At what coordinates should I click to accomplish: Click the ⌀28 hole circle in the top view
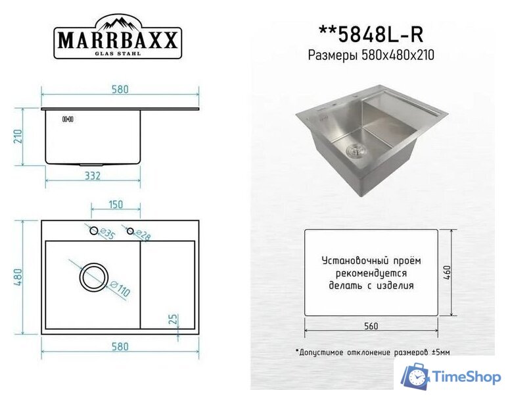131,230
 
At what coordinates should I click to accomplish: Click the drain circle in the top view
93,277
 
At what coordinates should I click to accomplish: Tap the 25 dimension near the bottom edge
173,320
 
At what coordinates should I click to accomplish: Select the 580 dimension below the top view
119,346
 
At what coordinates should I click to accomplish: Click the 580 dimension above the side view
119,90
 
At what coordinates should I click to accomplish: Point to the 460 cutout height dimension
448,273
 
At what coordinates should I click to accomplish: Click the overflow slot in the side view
67,119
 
